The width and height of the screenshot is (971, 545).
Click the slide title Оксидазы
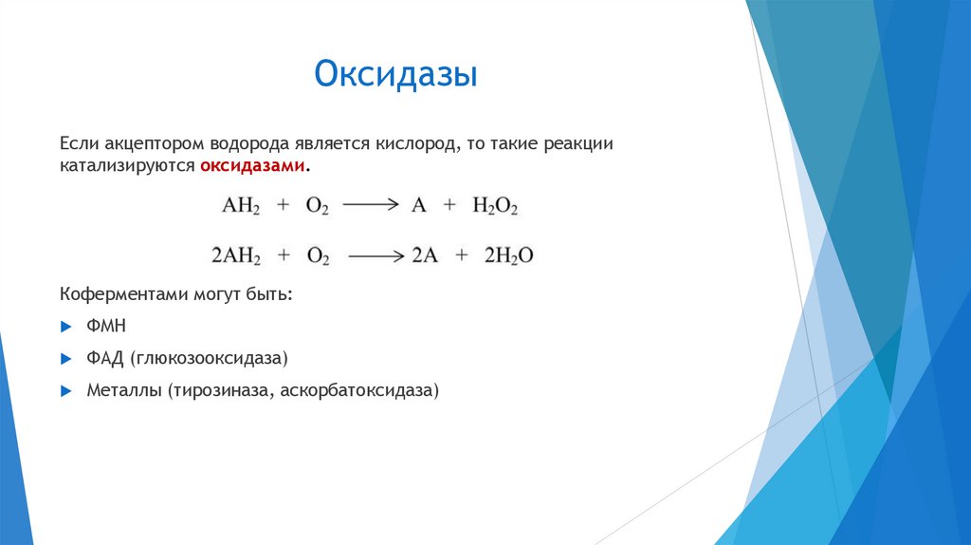click(x=395, y=75)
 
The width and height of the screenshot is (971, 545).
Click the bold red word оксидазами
click(x=252, y=165)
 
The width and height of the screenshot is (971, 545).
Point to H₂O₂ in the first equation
click(x=494, y=206)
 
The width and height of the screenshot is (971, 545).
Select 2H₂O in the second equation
click(x=509, y=255)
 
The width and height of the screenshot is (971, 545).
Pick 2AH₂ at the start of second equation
click(x=236, y=255)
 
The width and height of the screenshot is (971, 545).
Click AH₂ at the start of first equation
click(x=240, y=206)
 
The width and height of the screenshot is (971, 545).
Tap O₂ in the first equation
click(x=316, y=206)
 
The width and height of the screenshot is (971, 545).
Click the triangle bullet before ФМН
click(x=65, y=327)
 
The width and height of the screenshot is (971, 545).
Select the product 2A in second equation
click(x=423, y=255)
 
